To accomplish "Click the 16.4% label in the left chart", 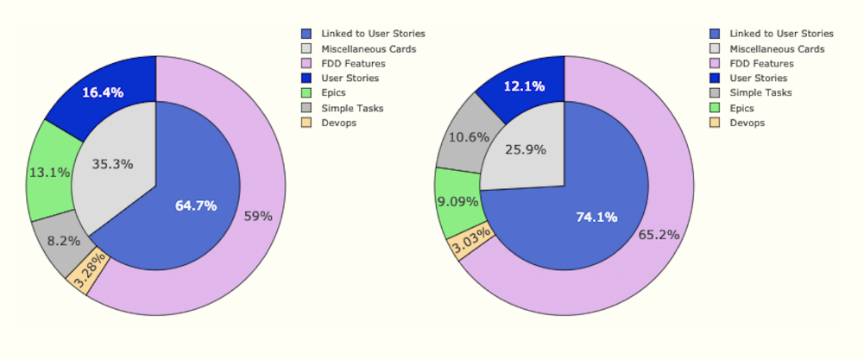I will pyautogui.click(x=103, y=92).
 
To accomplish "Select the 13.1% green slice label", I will pyautogui.click(x=49, y=172).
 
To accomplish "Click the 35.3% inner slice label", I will pyautogui.click(x=112, y=164).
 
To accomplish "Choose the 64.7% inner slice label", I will pyautogui.click(x=195, y=205).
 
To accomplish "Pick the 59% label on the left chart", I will pyautogui.click(x=258, y=217).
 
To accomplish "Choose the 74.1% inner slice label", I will pyautogui.click(x=596, y=218).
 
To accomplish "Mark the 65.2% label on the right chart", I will pyautogui.click(x=659, y=235).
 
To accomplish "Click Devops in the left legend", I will pyautogui.click(x=338, y=123).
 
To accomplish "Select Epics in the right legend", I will pyautogui.click(x=741, y=109).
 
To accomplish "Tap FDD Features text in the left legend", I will pyautogui.click(x=353, y=64).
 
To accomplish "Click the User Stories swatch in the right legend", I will pyautogui.click(x=715, y=79).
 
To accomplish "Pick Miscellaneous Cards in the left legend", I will pyautogui.click(x=369, y=48).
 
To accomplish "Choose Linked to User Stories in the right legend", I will pyautogui.click(x=781, y=34).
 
